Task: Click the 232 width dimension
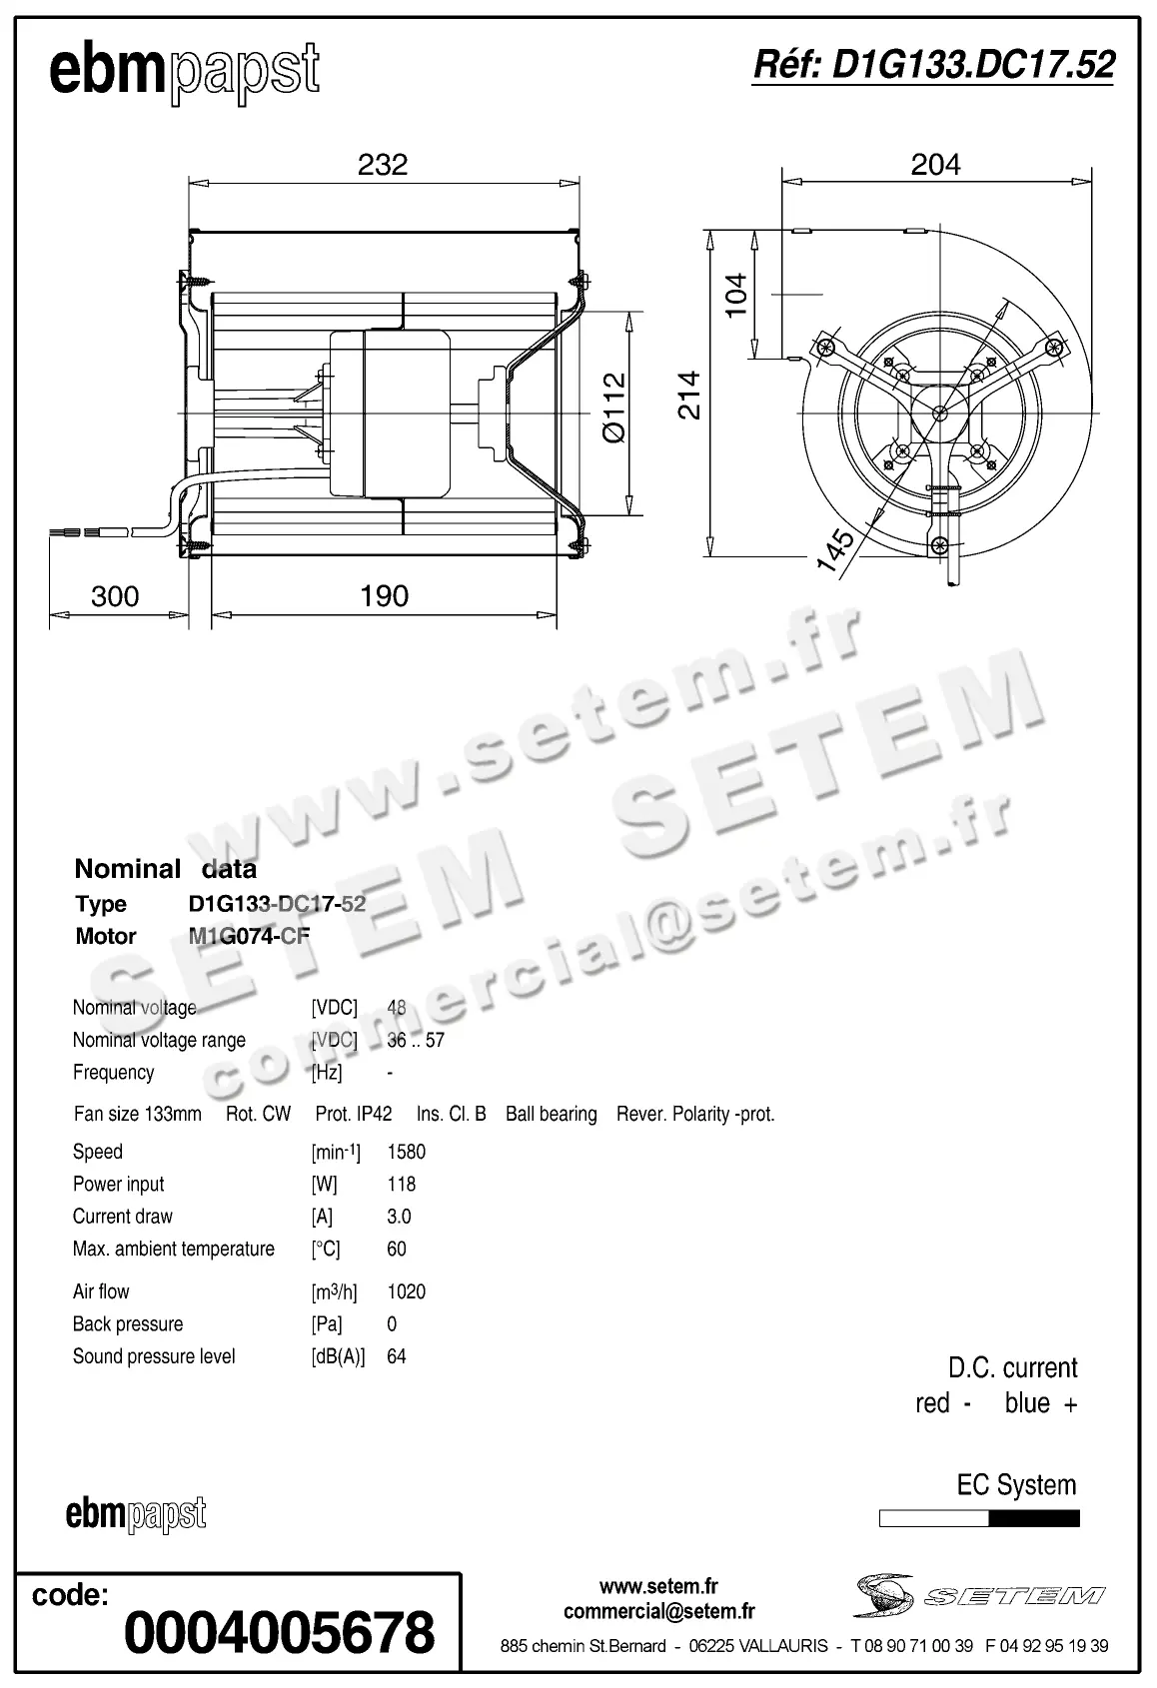pos(383,164)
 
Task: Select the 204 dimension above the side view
pos(935,164)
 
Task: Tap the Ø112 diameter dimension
pos(614,408)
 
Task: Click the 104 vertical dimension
pos(736,295)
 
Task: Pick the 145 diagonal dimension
pos(835,550)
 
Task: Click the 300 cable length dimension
pos(115,596)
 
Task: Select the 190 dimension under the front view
pos(384,596)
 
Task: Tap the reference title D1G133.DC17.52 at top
pos(932,65)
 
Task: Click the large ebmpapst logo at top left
pos(184,72)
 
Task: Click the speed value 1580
pos(406,1152)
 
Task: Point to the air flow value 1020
pos(406,1291)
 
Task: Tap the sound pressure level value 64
pos(396,1356)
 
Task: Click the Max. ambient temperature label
pos(174,1250)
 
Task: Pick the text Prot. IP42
pos(354,1114)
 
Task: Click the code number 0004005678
pos(279,1632)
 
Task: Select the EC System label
pos(1016,1485)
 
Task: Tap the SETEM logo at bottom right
pos(980,1596)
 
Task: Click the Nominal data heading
pos(166,869)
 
